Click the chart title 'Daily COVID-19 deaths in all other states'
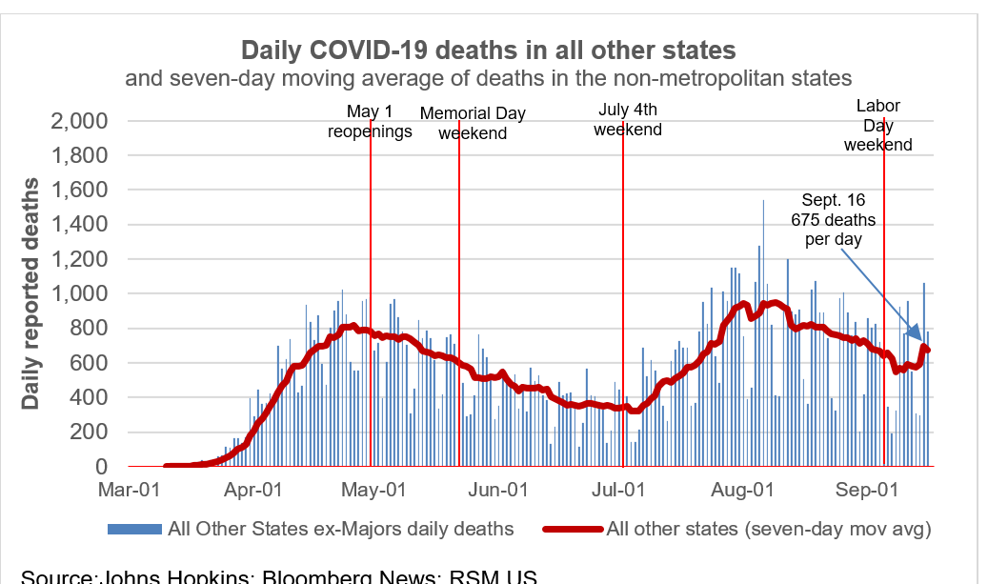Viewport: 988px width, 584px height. pos(488,50)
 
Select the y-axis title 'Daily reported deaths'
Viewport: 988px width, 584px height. pos(30,293)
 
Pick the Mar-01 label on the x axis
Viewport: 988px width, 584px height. pos(131,490)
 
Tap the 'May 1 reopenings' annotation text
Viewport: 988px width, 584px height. pos(370,122)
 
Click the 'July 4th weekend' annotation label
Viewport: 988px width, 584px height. pos(628,120)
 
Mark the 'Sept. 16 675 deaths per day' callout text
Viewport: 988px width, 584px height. pos(834,220)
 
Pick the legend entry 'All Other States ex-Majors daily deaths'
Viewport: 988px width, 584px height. pos(311,529)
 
